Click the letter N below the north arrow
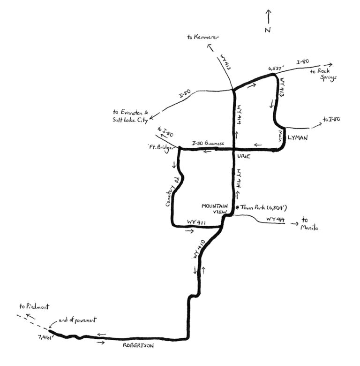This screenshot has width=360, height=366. [268, 30]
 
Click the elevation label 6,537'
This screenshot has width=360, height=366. [276, 68]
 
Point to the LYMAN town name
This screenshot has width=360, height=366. [297, 138]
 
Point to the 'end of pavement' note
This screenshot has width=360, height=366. [77, 320]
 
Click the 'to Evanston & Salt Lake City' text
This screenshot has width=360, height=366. [131, 116]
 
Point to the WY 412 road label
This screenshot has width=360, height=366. [225, 63]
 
